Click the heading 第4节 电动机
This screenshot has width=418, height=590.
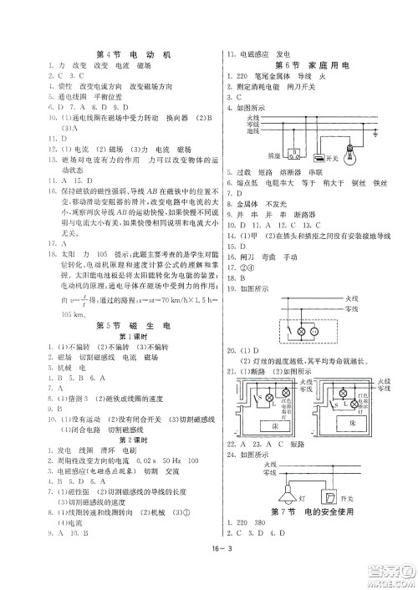[134, 54]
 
